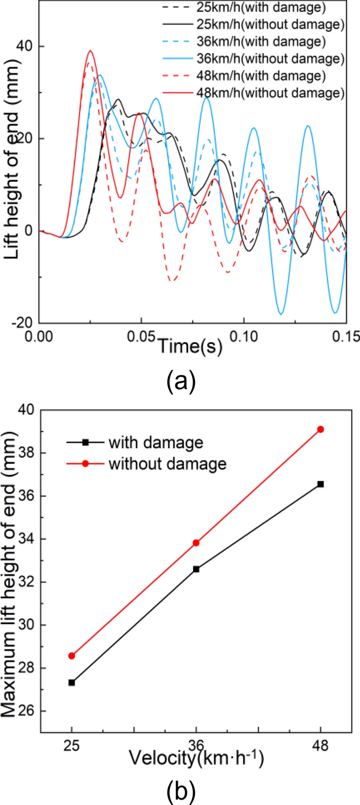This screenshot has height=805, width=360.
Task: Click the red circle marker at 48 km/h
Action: pyautogui.click(x=320, y=429)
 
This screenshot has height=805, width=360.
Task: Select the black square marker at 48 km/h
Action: pyautogui.click(x=320, y=484)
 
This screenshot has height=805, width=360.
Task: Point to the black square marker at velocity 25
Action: pyautogui.click(x=72, y=683)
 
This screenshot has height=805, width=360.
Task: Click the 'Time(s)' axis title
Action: pyautogui.click(x=186, y=346)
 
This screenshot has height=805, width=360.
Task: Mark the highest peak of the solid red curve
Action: pyautogui.click(x=90, y=51)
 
